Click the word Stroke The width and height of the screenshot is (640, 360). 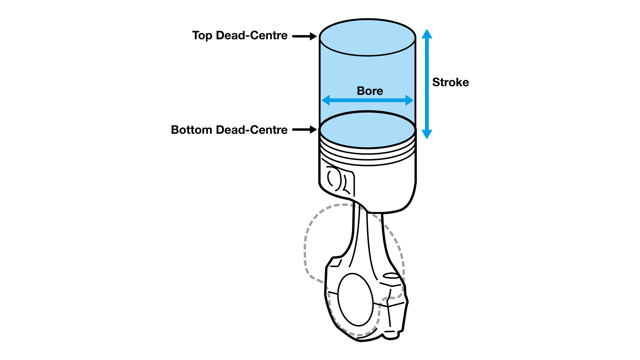(x=450, y=82)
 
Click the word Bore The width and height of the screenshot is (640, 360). (x=370, y=91)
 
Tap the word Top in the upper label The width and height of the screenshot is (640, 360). (x=202, y=35)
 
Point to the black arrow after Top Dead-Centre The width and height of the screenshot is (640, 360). (x=304, y=36)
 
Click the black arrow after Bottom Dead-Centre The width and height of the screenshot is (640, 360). (x=304, y=130)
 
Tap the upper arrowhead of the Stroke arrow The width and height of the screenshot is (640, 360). (x=427, y=34)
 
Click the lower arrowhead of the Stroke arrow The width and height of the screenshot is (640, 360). (x=427, y=134)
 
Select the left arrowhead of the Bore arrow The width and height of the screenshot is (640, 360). (x=326, y=100)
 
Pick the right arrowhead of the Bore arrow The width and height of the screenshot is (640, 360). (x=409, y=100)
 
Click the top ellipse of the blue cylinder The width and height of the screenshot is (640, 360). (x=367, y=37)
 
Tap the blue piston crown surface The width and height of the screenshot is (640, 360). (x=367, y=130)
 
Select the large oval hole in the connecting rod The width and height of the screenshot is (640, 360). (x=355, y=299)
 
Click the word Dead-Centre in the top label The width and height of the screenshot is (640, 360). (x=252, y=35)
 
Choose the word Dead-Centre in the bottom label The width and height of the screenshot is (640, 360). (x=252, y=130)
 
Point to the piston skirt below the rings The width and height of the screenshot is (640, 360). (x=387, y=187)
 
